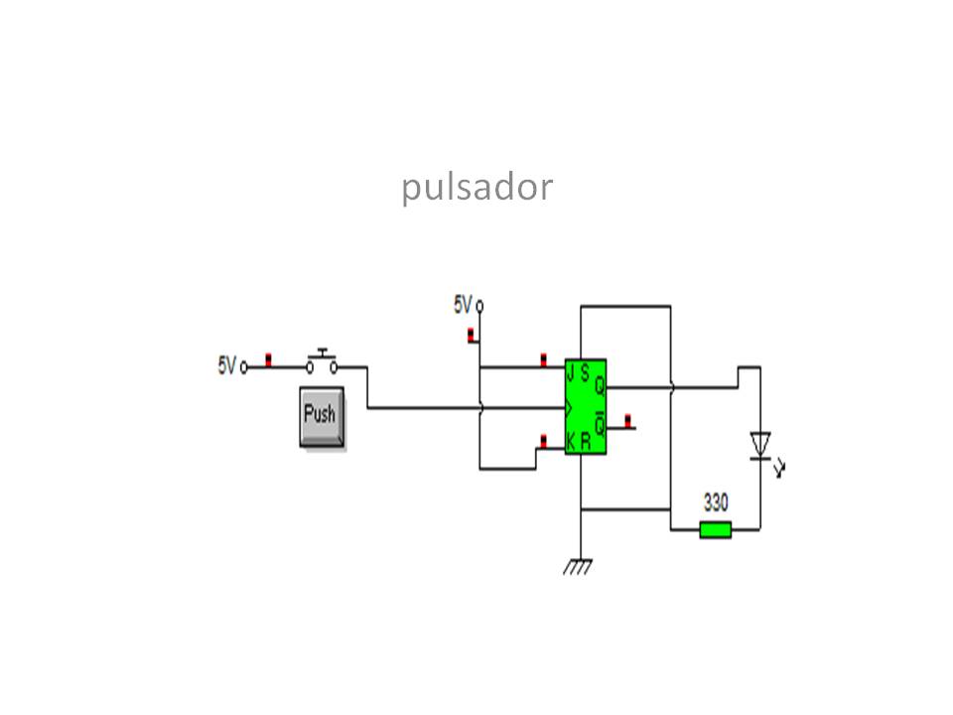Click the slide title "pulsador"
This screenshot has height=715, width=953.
[x=476, y=187]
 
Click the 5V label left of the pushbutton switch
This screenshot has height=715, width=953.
[x=226, y=365]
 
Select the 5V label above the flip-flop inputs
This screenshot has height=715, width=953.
[x=463, y=305]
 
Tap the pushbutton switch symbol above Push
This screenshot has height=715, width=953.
[x=321, y=362]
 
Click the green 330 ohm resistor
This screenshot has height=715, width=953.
[x=715, y=529]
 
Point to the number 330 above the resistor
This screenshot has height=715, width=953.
[x=715, y=500]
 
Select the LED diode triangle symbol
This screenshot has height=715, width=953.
[x=760, y=444]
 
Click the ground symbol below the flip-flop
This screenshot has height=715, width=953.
[x=577, y=567]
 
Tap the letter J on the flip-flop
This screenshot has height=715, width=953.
[x=571, y=373]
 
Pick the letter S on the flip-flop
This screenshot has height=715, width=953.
[x=586, y=373]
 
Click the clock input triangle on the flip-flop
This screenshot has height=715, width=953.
[x=569, y=407]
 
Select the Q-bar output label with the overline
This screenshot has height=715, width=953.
[x=600, y=418]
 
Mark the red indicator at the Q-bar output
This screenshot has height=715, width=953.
[x=626, y=420]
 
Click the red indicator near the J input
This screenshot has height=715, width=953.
[x=543, y=358]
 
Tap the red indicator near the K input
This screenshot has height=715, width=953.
[x=543, y=440]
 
